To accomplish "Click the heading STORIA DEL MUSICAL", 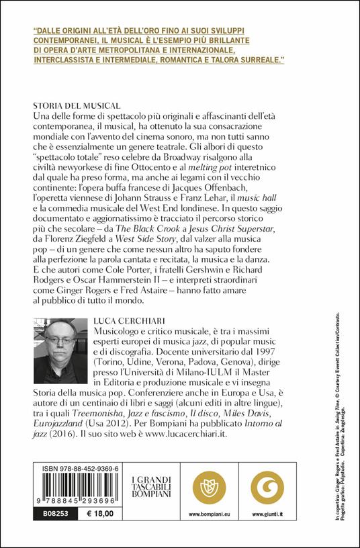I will (x=76, y=105).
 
